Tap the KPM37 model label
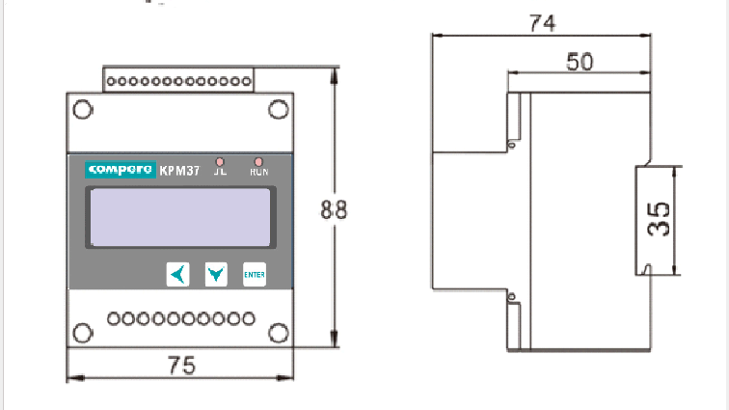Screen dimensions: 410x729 tap(179, 172)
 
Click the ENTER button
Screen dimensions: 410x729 tap(254, 275)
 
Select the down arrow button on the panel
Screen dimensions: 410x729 tap(216, 275)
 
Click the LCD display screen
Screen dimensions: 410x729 tap(179, 219)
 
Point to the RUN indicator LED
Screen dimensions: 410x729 tap(258, 161)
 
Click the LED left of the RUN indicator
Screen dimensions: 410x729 tap(221, 161)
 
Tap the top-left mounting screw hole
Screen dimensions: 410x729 tap(84, 108)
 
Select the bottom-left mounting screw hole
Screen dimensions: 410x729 tap(84, 333)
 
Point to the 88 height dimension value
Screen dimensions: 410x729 tap(334, 211)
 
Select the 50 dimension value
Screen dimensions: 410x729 tap(579, 61)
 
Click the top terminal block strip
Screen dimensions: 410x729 tap(179, 80)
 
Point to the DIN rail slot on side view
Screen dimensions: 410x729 tap(645, 219)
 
